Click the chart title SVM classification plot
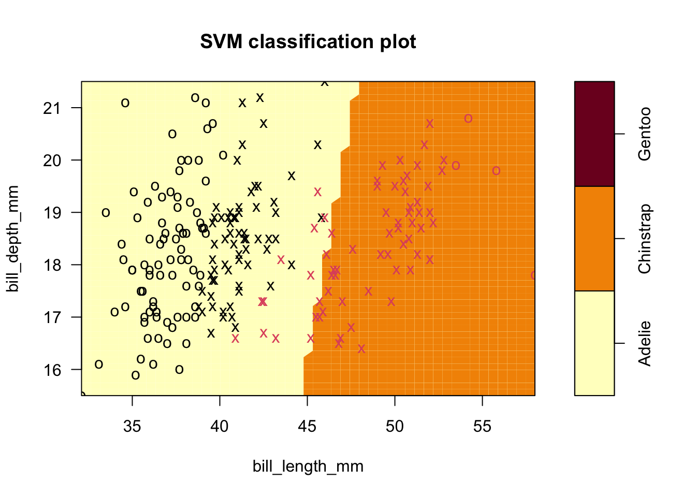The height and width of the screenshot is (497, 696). tap(308, 42)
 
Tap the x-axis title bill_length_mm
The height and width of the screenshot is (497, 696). tap(308, 466)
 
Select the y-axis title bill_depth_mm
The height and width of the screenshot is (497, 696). tap(13, 239)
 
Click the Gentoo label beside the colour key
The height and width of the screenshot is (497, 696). tap(645, 134)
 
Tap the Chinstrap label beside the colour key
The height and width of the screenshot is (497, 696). tap(645, 239)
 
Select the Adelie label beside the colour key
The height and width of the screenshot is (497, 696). tap(645, 343)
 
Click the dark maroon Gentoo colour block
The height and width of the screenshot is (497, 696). tap(594, 134)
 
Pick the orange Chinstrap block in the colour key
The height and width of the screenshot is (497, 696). tap(594, 239)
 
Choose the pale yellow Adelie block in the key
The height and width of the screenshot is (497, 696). tap(594, 343)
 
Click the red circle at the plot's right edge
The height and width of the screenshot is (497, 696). tap(533, 275)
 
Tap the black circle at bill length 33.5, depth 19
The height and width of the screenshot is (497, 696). tap(106, 213)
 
